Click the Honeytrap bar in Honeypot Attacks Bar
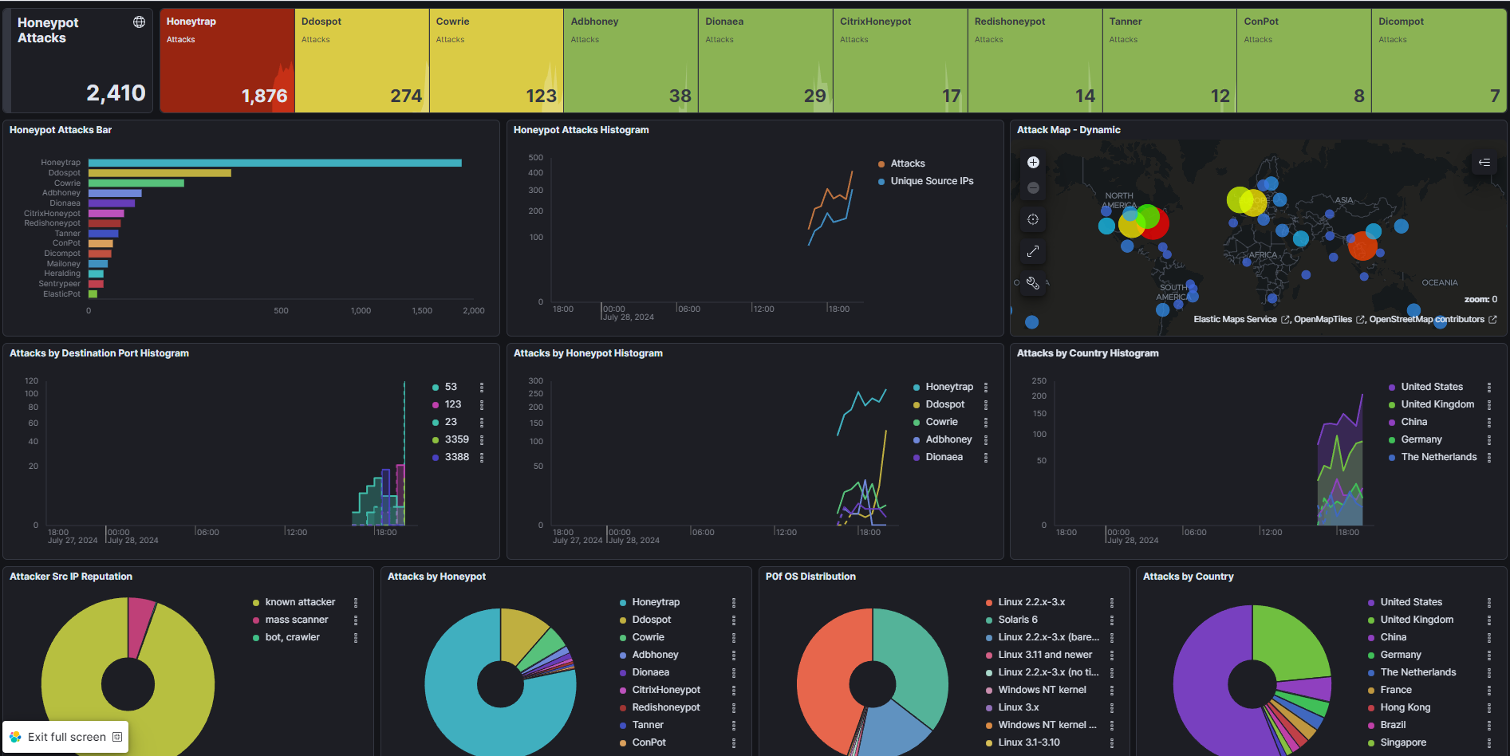tap(275, 163)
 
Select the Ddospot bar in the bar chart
tap(160, 173)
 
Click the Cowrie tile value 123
tap(541, 96)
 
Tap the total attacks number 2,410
tap(116, 93)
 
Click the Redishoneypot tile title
tap(1010, 22)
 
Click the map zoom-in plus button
tap(1033, 163)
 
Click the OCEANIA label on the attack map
tap(1440, 282)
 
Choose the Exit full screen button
tap(66, 737)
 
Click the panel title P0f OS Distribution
tap(810, 577)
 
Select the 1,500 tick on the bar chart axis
tap(422, 311)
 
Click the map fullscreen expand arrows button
tap(1033, 251)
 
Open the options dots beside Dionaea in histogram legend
tap(986, 457)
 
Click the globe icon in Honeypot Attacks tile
tap(139, 22)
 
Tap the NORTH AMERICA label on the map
tap(1119, 200)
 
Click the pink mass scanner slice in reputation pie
tap(140, 616)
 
